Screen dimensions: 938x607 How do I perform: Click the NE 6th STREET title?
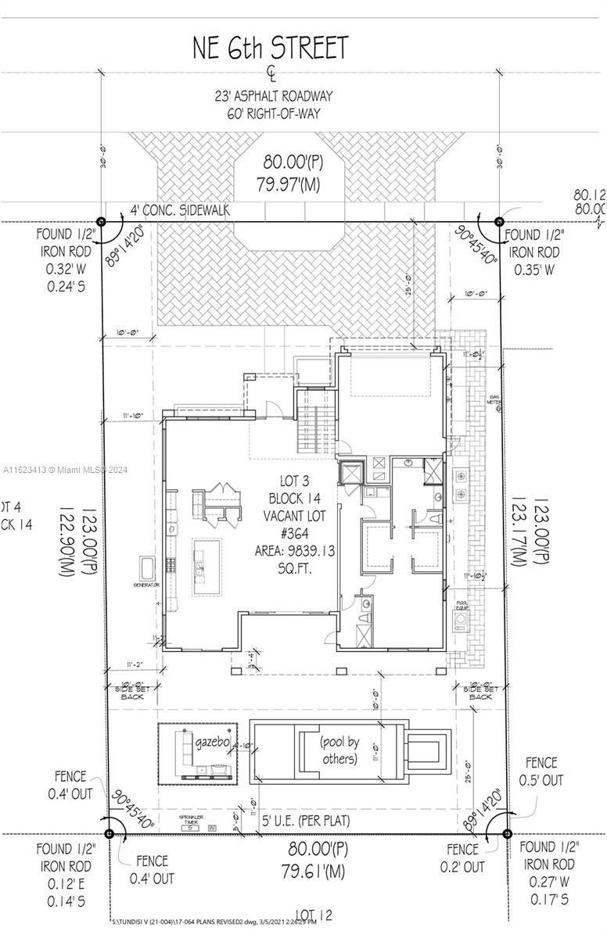click(270, 48)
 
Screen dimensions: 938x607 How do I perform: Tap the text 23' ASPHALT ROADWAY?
click(273, 97)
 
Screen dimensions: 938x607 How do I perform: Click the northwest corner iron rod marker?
click(100, 222)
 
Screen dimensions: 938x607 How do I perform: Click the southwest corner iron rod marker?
click(108, 834)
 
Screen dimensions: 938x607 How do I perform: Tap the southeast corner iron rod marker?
click(507, 833)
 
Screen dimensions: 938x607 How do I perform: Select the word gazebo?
click(210, 740)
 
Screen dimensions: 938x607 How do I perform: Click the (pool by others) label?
click(339, 749)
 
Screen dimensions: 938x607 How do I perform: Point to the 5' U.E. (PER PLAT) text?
click(306, 821)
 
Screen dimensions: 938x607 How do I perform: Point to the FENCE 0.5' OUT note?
click(541, 771)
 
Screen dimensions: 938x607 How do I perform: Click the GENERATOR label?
click(146, 585)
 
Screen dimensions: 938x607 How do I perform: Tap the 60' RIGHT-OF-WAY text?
click(273, 114)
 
